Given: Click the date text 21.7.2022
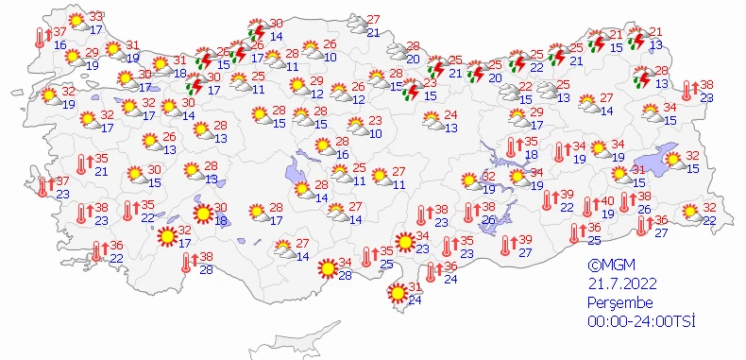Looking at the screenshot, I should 619,283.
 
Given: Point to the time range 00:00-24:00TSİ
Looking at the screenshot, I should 640,322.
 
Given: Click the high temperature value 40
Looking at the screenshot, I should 608,200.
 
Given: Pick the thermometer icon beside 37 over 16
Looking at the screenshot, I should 41,38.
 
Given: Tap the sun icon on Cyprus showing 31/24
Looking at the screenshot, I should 397,295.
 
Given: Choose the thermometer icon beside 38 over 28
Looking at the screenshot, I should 182,262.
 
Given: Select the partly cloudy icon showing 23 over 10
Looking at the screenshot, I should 355,125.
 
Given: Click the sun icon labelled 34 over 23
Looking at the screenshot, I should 404,243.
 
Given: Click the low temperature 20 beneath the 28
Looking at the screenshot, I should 413,59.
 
